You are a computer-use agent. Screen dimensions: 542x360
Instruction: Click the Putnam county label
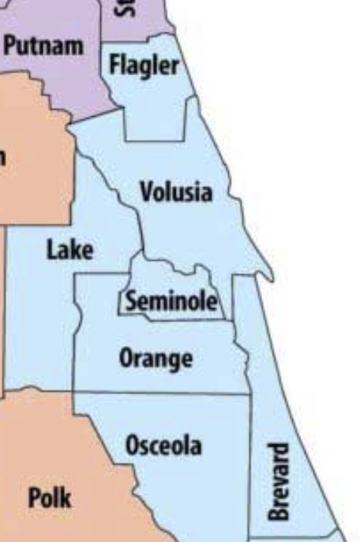coord(43,46)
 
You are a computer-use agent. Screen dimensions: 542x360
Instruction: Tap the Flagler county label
coord(144,65)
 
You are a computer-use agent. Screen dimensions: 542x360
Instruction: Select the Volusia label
coord(175,191)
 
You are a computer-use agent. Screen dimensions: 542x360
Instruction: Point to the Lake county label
coord(69,250)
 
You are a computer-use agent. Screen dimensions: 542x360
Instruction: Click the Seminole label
coord(170,301)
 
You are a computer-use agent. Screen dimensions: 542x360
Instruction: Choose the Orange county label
coord(156,359)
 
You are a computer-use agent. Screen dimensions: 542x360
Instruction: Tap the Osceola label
coord(163,446)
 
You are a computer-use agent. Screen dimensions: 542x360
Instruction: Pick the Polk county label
coord(49,499)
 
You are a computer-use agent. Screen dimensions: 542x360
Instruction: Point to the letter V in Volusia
coord(145,191)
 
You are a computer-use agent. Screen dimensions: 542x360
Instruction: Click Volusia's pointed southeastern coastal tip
coord(271,278)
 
